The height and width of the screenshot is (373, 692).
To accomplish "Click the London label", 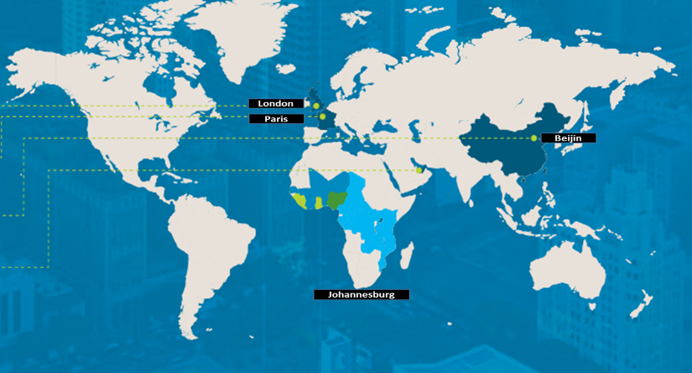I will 276,103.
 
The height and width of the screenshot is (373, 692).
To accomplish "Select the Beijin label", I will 568,137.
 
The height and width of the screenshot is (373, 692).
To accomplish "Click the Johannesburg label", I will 361,295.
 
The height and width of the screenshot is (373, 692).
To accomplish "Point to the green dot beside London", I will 316,106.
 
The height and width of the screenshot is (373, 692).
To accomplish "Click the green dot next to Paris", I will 322,117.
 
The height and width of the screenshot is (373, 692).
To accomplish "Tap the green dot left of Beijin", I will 533,137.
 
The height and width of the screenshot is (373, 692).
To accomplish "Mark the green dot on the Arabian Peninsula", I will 418,170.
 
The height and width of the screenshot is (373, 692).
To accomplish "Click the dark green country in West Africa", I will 337,199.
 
